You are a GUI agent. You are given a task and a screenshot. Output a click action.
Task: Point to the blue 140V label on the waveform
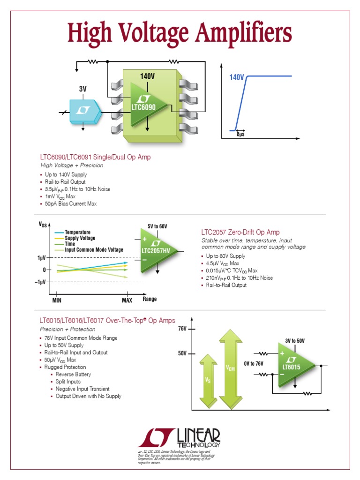pos(237,77)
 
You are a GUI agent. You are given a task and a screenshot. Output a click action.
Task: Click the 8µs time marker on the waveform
pos(240,135)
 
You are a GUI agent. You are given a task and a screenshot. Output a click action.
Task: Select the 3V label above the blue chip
pos(83,89)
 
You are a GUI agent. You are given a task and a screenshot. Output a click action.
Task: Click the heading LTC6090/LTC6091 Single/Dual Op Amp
pos(96,157)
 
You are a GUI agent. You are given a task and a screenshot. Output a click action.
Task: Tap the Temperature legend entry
pos(77,232)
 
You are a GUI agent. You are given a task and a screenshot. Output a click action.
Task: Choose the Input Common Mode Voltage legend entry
pos(94,250)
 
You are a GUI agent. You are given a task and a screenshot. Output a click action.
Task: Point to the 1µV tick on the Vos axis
pos(41,258)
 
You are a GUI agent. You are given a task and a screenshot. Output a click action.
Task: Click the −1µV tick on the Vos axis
pos(39,282)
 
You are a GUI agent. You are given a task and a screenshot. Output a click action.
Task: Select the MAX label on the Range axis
pos(127,300)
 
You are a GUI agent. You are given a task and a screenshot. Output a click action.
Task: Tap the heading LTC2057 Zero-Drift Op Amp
pos(240,232)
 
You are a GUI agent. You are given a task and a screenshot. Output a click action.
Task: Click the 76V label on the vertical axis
pos(182,330)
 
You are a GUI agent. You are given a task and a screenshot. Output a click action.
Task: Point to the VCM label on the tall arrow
pos(230,368)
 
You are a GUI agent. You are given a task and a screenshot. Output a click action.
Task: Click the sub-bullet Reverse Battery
pos(73,375)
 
